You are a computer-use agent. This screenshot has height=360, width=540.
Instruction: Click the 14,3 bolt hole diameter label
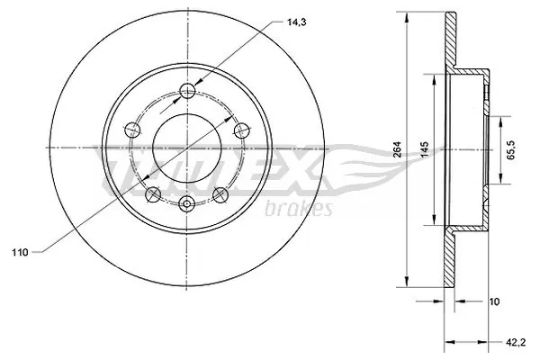pos(296,22)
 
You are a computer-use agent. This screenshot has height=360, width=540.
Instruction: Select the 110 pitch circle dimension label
pos(20,253)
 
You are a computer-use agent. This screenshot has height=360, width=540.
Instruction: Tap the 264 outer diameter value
pos(398,149)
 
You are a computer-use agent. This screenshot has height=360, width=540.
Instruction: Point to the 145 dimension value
pos(425,149)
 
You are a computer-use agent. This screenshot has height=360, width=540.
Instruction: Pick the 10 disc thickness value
pos(494,301)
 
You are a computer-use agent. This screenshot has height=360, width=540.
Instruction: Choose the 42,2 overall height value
pos(516,342)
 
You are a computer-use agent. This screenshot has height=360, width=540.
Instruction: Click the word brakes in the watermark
pos(299,209)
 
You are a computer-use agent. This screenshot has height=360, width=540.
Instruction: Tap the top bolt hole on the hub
pos(188,91)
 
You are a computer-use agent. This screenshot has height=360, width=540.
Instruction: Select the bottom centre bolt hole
pos(186,203)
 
